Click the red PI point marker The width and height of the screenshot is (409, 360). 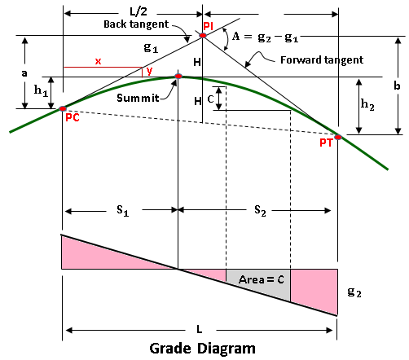[203, 35]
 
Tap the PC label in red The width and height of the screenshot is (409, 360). [73, 117]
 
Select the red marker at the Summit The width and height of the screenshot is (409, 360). [178, 77]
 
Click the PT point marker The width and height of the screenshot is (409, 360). [338, 137]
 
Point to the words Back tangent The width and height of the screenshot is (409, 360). [136, 24]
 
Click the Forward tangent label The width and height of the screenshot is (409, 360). [322, 60]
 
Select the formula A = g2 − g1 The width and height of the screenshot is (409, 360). [265, 37]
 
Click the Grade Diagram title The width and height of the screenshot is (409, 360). [203, 349]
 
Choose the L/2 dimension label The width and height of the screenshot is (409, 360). [139, 11]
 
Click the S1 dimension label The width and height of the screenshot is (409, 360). [123, 210]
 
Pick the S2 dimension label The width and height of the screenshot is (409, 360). [260, 210]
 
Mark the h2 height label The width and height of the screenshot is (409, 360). [367, 104]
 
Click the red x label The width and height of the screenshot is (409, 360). [98, 61]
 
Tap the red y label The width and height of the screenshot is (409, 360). [149, 71]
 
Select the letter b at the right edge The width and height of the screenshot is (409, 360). [397, 86]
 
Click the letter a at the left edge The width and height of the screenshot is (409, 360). [24, 73]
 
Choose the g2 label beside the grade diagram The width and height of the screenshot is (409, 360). [354, 292]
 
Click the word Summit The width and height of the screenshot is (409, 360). [138, 98]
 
